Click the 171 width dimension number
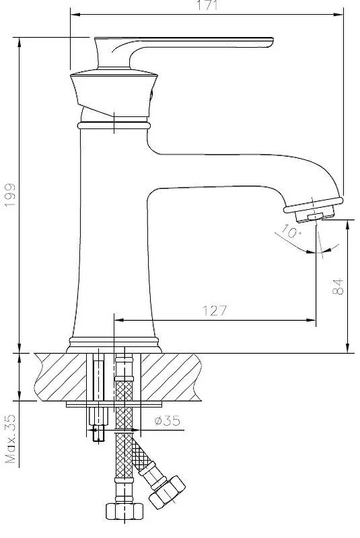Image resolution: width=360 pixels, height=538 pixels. click(x=208, y=5)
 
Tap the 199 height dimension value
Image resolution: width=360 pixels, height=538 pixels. click(x=10, y=195)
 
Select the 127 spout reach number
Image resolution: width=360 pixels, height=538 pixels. click(x=215, y=311)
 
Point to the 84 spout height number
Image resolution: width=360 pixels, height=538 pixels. click(x=338, y=286)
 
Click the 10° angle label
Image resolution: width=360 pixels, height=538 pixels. click(x=291, y=231)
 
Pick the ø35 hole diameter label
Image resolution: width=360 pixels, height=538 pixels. click(x=167, y=420)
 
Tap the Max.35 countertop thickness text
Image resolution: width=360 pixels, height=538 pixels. click(x=11, y=439)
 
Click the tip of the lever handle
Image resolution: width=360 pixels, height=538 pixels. click(x=273, y=42)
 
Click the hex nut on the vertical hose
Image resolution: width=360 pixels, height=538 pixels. click(x=124, y=511)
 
